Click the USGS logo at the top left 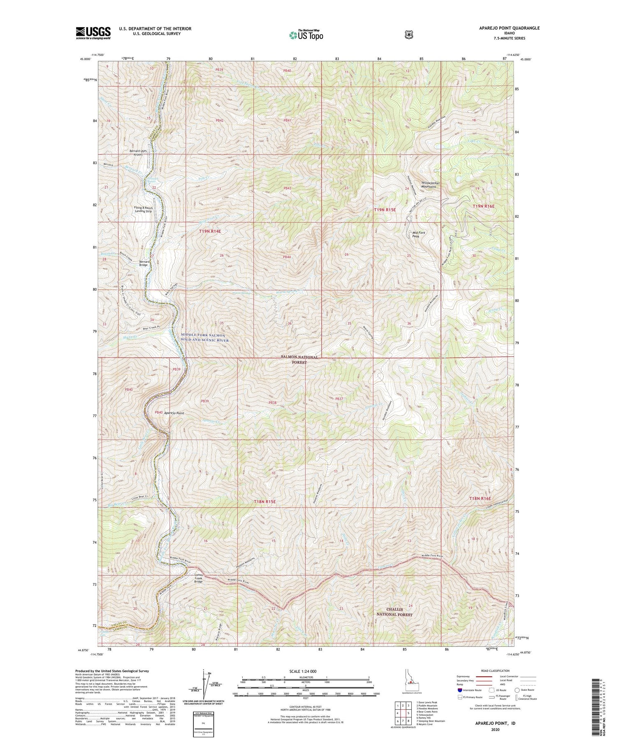(x=93, y=33)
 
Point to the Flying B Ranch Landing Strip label (x=143, y=210)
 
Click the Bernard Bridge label (x=144, y=263)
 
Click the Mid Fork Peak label (x=419, y=235)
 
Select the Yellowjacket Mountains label (x=430, y=185)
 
